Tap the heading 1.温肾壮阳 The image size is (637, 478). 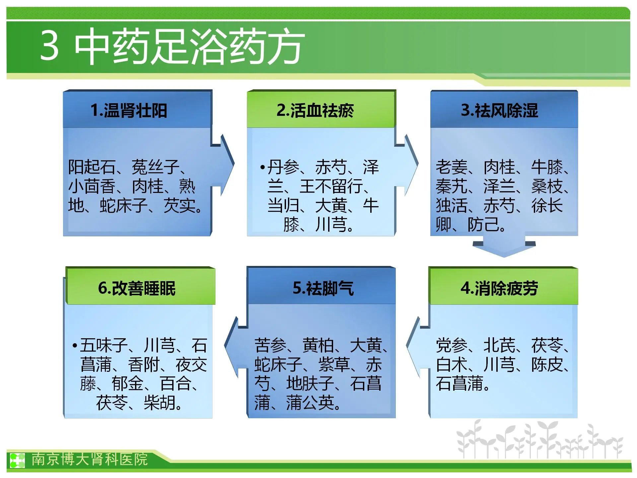pos(129,111)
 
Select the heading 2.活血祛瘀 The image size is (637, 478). pos(315,111)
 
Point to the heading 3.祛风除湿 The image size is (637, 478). pos(499,111)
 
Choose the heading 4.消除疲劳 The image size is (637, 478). pos(499,288)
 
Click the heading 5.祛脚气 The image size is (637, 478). pos(323,288)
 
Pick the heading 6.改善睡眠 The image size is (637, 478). pos(137,288)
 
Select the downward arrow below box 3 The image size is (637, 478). pos(504,246)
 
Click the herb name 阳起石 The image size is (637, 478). pos(92,167)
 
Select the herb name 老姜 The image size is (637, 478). pos(452,167)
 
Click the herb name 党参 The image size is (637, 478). pos(452,346)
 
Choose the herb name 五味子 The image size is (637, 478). pos(104,346)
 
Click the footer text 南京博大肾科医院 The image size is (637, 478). pos(90,459)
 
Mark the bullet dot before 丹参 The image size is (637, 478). pos(262,167)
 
